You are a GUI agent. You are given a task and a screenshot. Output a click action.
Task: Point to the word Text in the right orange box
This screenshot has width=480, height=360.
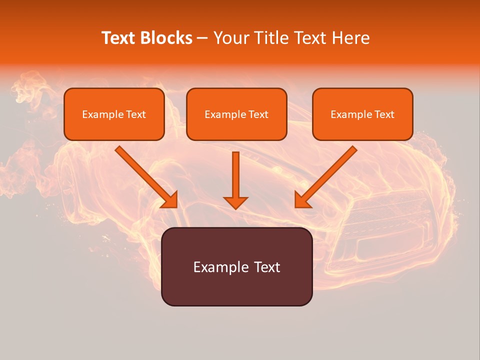384,114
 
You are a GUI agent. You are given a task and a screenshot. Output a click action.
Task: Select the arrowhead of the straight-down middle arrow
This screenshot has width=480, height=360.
235,202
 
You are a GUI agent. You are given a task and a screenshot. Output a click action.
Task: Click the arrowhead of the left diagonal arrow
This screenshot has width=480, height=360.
170,200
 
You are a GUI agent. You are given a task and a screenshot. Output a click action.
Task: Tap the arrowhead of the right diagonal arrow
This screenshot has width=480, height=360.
302,200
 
